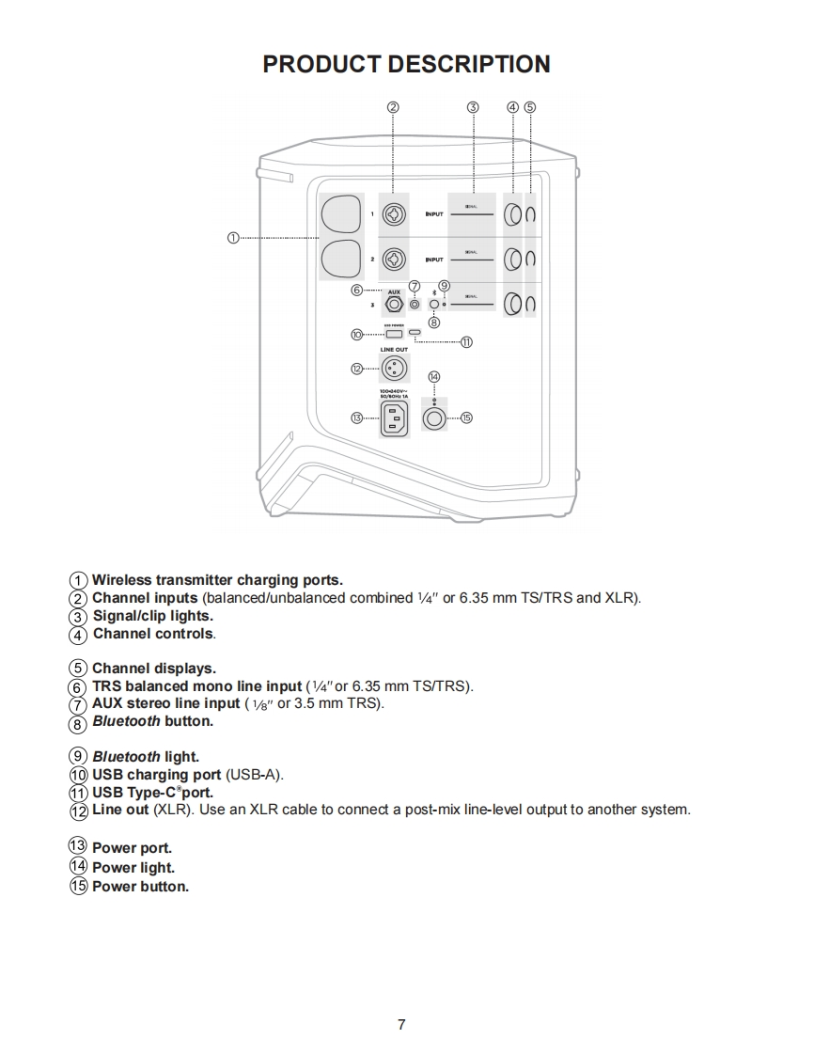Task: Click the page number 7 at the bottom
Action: [401, 1024]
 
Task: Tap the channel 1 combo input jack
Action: [394, 215]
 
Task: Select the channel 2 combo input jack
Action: [394, 259]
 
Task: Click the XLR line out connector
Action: [394, 369]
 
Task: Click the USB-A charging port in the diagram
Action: [394, 334]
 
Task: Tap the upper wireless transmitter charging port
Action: [341, 214]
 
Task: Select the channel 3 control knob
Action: [513, 304]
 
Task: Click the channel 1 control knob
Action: [513, 215]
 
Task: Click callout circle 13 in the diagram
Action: [357, 417]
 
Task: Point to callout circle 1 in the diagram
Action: [233, 237]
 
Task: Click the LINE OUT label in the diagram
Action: [394, 350]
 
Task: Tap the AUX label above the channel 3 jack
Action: [394, 292]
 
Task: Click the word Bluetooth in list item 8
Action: [126, 722]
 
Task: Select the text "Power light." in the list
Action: [133, 868]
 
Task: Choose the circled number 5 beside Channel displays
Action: [79, 669]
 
